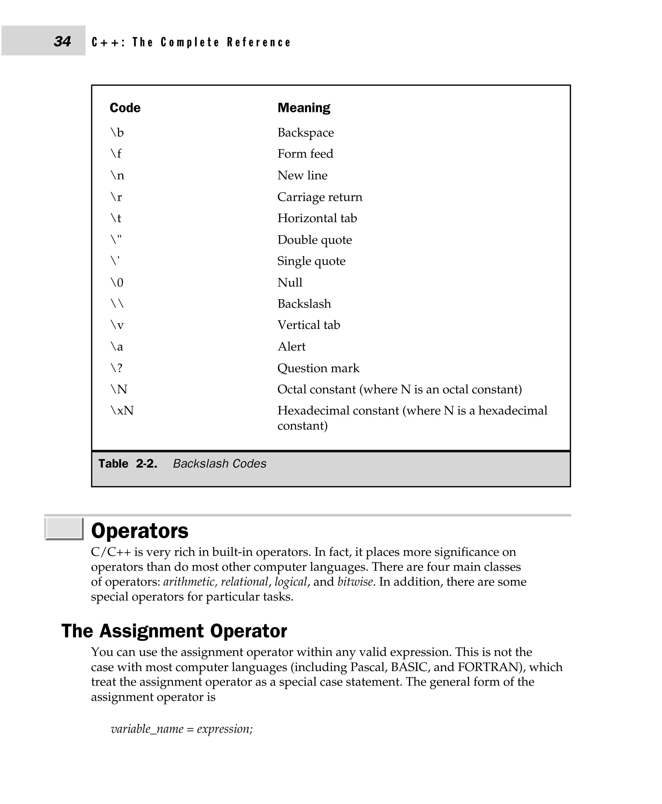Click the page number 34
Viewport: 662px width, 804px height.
click(x=62, y=41)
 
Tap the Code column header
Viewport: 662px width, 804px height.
click(x=125, y=108)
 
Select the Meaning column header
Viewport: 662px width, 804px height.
click(x=304, y=108)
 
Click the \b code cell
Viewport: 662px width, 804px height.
click(x=117, y=132)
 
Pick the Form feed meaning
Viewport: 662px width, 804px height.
click(x=305, y=154)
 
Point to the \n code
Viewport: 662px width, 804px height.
click(x=117, y=176)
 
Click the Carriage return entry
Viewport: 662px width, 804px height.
click(x=320, y=197)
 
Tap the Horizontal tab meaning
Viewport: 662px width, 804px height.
click(x=317, y=218)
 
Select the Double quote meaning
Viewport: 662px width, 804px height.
click(x=314, y=240)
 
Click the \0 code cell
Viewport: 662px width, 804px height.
click(x=117, y=283)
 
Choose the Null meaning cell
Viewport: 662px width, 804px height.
click(x=290, y=283)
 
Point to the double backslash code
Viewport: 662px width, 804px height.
click(x=117, y=304)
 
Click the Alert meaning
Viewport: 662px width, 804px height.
click(x=291, y=346)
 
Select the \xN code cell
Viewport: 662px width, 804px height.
click(x=122, y=411)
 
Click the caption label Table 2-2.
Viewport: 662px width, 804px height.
click(x=128, y=464)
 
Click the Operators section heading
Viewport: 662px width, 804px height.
click(x=140, y=531)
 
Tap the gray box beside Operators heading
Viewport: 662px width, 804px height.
click(x=64, y=528)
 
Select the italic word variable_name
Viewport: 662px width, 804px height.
click(x=147, y=729)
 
